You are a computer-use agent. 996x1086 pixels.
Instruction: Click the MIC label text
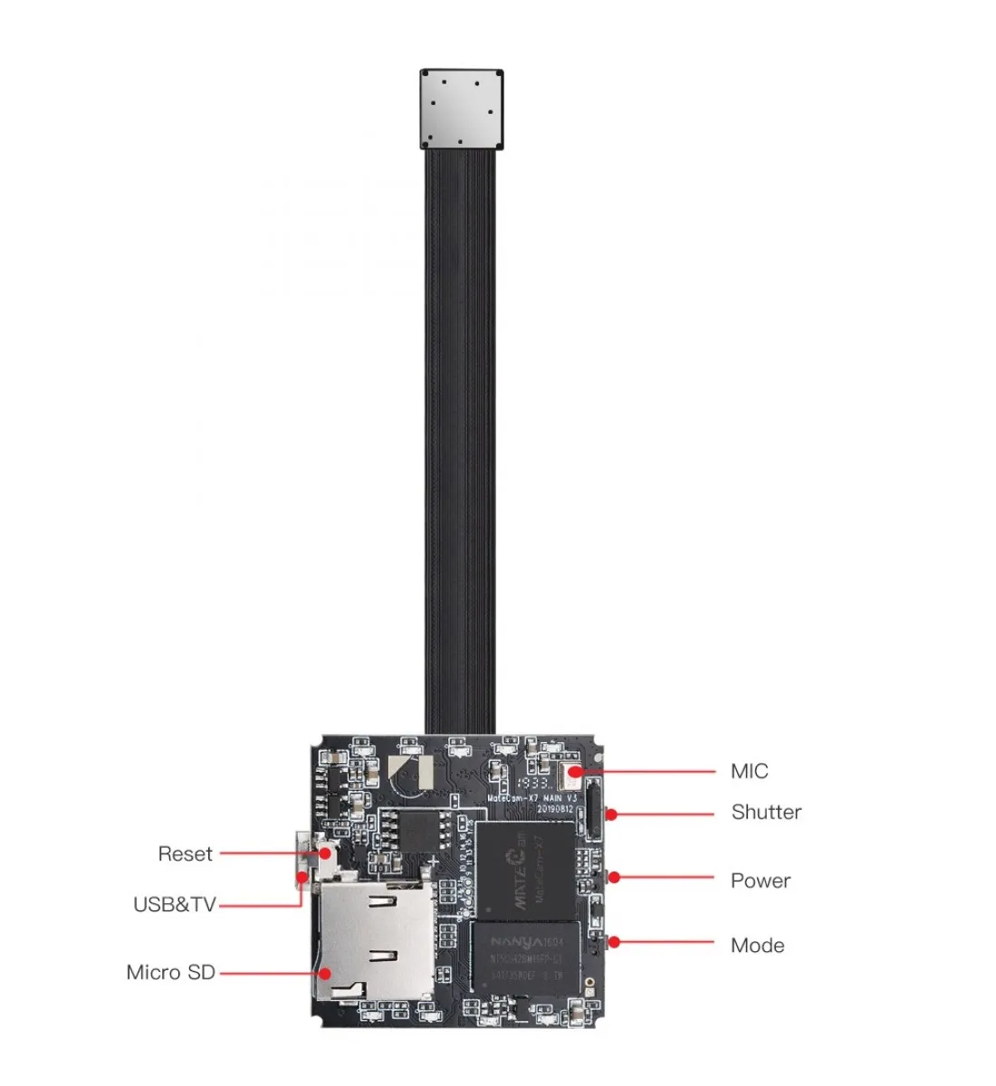pyautogui.click(x=749, y=772)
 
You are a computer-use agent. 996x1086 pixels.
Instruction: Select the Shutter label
pyautogui.click(x=766, y=813)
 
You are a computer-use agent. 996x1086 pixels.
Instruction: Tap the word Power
pyautogui.click(x=760, y=881)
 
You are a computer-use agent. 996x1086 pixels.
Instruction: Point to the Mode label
pyautogui.click(x=757, y=946)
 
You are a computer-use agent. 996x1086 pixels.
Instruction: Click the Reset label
pyautogui.click(x=185, y=854)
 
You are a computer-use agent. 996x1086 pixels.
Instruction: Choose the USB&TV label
pyautogui.click(x=174, y=905)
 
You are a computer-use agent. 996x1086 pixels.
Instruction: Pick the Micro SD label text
pyautogui.click(x=170, y=973)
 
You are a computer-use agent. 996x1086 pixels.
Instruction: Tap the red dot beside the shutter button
pyautogui.click(x=612, y=814)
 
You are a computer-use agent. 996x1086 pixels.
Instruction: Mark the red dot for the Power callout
pyautogui.click(x=614, y=877)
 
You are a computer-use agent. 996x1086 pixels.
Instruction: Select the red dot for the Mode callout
pyautogui.click(x=614, y=942)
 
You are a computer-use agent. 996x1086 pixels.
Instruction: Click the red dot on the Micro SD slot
pyautogui.click(x=323, y=974)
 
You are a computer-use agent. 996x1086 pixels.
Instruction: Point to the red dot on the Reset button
pyautogui.click(x=322, y=853)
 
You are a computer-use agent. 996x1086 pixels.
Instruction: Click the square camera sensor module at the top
pyautogui.click(x=462, y=109)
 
